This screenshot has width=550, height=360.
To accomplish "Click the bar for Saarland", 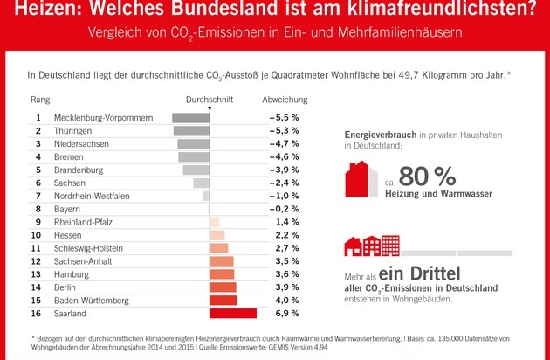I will (x=233, y=313).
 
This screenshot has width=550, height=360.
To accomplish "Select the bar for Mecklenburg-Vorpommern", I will (x=190, y=117).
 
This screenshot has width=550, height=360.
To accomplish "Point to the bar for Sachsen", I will (x=201, y=183).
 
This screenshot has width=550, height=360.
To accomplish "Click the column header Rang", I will (x=40, y=100).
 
